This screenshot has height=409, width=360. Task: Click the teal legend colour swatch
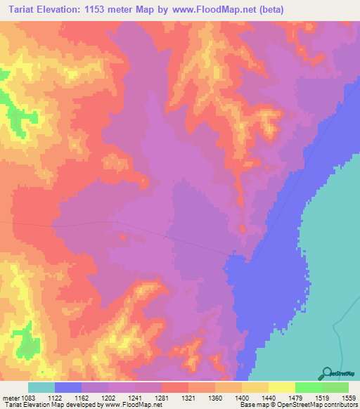pyautogui.click(x=41, y=387)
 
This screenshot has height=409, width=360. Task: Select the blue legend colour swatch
pyautogui.click(x=68, y=387)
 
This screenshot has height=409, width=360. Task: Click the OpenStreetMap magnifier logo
pyautogui.click(x=325, y=374)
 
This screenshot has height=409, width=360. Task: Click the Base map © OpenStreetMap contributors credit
pyautogui.click(x=296, y=405)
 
